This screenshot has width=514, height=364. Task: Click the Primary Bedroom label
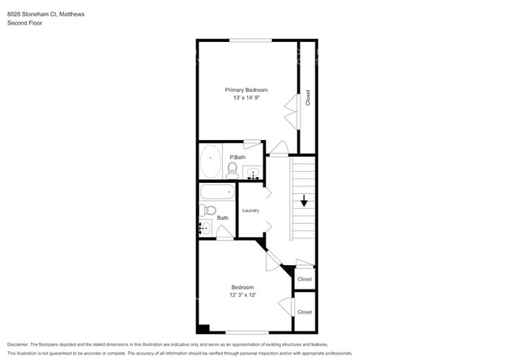pos(246,89)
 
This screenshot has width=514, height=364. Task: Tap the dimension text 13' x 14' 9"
pos(246,98)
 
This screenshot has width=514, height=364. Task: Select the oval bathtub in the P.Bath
pos(210,161)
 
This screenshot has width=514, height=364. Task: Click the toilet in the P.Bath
pos(232,169)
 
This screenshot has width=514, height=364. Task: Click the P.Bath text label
pos(237,157)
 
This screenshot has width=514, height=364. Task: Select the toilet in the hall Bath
pos(205,210)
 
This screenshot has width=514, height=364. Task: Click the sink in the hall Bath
pos(204,229)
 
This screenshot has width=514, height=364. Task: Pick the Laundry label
pos(251,210)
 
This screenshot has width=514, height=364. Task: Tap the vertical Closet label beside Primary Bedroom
pos(308,97)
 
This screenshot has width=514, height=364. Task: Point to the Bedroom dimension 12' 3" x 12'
pos(242,295)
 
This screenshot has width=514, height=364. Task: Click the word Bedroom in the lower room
pos(242,286)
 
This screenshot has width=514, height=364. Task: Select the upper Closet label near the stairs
pos(304,279)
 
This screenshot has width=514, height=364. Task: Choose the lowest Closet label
pos(304,312)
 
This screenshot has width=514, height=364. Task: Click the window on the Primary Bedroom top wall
pos(251,40)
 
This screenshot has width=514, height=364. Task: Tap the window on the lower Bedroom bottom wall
pos(246,332)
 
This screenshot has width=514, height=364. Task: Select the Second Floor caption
pos(25,23)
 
